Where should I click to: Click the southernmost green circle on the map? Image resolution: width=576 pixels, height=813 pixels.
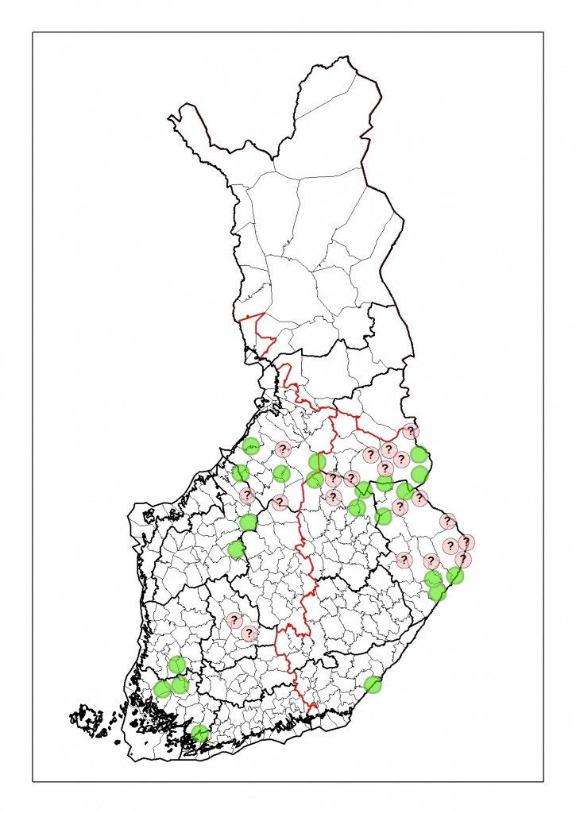click(199, 734)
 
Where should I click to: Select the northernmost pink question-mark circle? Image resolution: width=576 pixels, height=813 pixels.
click(410, 431)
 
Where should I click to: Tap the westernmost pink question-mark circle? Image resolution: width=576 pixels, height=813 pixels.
click(234, 620)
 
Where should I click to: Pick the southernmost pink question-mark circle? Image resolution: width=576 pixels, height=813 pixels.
click(249, 634)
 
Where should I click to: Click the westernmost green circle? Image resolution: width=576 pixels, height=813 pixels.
click(163, 689)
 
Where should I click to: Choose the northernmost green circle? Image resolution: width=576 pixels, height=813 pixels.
click(251, 446)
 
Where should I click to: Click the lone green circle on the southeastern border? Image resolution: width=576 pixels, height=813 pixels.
click(373, 684)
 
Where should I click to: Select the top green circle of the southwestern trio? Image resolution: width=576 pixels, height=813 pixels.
click(176, 665)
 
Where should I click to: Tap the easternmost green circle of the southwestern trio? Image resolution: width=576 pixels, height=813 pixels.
click(180, 684)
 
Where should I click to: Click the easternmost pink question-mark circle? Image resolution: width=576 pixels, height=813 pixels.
click(466, 542)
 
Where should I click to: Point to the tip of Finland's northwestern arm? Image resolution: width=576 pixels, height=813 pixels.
click(170, 119)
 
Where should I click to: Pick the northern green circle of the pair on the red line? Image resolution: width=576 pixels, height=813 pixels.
click(318, 462)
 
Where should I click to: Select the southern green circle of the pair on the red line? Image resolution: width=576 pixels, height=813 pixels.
click(315, 479)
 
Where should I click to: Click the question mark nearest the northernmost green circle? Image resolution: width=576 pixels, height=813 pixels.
click(282, 449)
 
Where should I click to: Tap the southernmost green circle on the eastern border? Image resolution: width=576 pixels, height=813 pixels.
click(437, 592)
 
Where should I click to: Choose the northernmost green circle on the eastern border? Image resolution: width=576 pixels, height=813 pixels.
click(419, 455)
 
